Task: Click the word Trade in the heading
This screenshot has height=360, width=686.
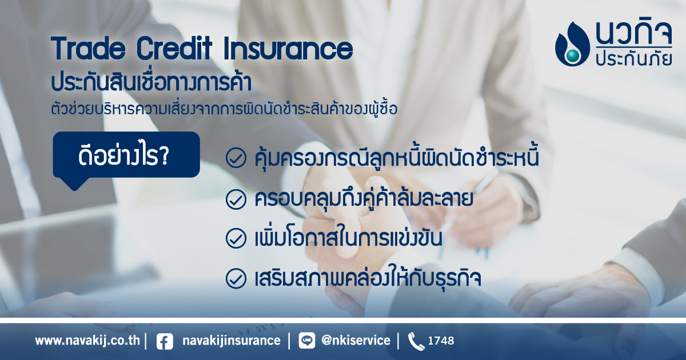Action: [88, 48]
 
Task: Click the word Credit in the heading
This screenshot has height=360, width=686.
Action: [174, 48]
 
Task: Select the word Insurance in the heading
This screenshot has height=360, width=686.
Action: [288, 48]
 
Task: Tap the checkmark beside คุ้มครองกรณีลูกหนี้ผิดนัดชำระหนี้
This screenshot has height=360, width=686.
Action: [236, 158]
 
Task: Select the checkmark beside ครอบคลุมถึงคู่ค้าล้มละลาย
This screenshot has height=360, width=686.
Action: [236, 199]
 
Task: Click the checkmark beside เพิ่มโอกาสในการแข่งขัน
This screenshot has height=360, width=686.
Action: [236, 238]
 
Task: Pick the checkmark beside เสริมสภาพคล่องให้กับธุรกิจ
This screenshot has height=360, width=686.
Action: [236, 278]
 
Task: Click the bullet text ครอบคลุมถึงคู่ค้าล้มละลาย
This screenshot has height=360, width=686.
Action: [364, 198]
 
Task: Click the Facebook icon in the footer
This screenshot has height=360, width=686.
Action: [165, 341]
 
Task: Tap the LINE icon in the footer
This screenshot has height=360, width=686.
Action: [306, 341]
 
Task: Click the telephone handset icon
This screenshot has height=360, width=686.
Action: [416, 341]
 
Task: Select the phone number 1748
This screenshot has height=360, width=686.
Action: [441, 341]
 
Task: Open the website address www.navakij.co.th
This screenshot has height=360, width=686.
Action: [87, 341]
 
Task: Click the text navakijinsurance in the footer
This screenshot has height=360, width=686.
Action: [232, 341]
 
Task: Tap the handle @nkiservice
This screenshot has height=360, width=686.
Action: [356, 341]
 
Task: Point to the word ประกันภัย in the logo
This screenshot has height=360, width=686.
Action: [633, 59]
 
